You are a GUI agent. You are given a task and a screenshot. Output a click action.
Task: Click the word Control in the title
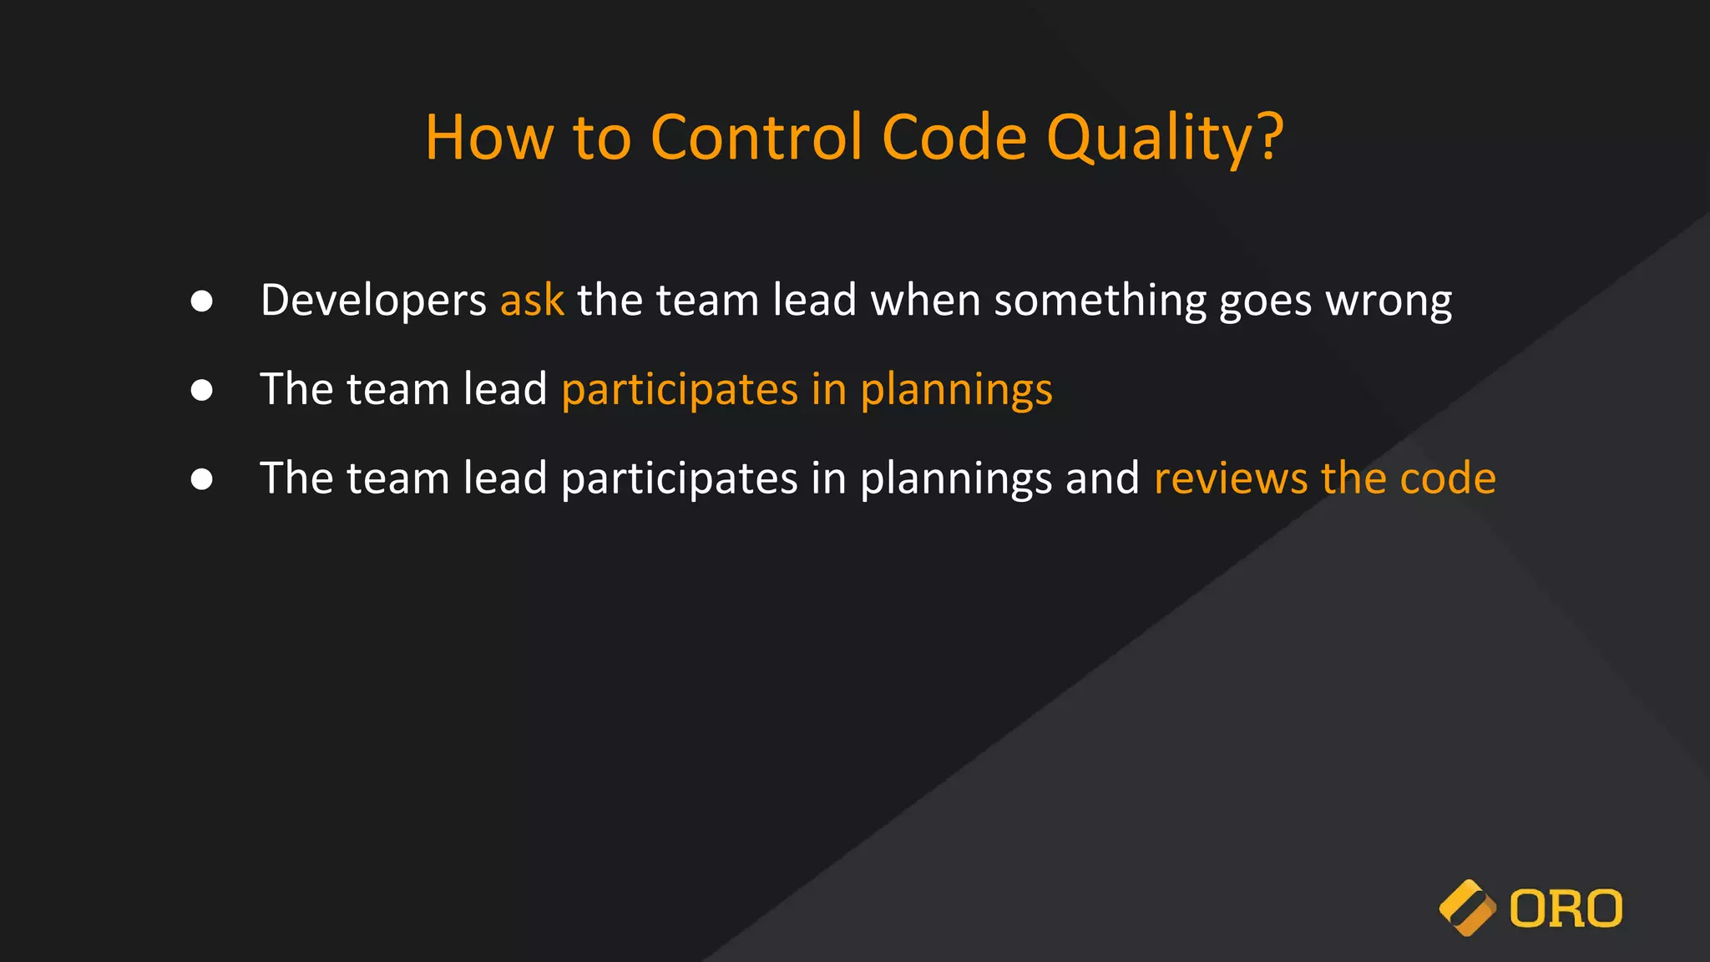756,137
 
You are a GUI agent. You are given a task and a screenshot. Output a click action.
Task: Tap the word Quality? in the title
1165,139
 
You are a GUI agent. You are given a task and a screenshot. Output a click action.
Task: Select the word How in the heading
488,137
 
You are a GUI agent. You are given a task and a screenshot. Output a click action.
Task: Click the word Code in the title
954,137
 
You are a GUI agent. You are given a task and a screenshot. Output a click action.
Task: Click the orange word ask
532,300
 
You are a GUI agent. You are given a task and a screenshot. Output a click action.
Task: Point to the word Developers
373,301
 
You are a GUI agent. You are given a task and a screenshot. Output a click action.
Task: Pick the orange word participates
680,390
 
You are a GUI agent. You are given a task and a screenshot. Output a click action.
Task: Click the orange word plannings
956,391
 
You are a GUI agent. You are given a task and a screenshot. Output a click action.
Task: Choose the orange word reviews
1230,478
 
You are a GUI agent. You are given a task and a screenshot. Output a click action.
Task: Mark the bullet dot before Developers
201,301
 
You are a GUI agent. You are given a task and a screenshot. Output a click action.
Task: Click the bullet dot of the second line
201,390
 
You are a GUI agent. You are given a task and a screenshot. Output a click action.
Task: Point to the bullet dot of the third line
201,478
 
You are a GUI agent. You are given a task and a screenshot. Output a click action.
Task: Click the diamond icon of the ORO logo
1467,908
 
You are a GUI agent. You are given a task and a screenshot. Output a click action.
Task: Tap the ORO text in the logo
1566,909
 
